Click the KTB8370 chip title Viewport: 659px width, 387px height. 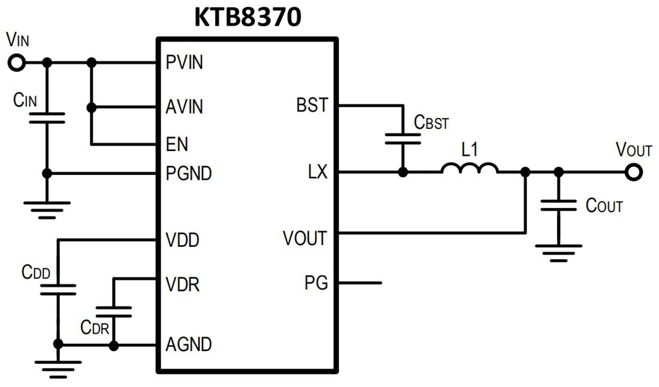pos(247,18)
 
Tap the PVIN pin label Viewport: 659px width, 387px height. pos(184,62)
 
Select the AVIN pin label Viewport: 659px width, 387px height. pos(184,107)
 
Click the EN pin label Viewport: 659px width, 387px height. pos(177,144)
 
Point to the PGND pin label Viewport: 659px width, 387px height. pos(189,174)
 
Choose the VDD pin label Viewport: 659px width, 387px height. pos(182,241)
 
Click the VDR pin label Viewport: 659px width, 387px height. pos(182,284)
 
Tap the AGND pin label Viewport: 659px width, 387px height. pos(188,345)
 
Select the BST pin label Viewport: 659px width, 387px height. pos(312,105)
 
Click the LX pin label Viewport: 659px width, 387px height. pos(318,173)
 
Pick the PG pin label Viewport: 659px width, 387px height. pos(316,283)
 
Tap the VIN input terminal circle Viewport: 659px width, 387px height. pos(17,62)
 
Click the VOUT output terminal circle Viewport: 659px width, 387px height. pos(633,173)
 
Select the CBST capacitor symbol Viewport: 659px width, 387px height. pos(403,138)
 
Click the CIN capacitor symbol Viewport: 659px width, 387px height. pos(47,117)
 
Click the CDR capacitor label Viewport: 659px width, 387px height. pos(95,327)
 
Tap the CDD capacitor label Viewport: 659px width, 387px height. pos(36,272)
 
